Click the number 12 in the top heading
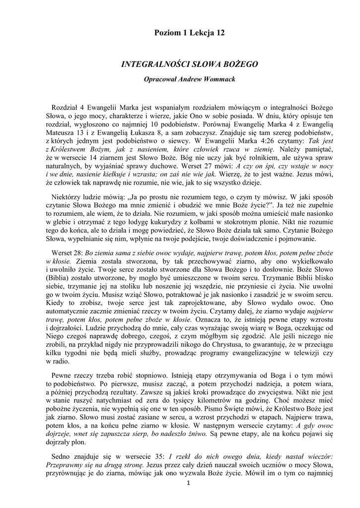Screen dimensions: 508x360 [x=219, y=33]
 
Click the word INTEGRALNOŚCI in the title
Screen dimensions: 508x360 [x=151, y=64]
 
